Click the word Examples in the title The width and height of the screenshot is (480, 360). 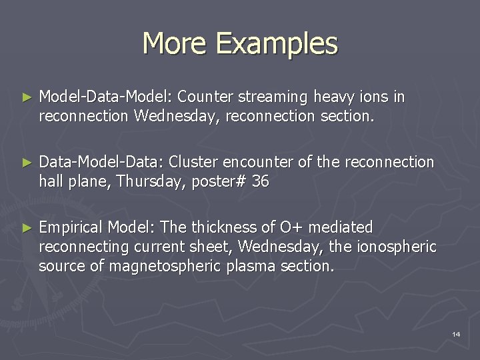click(x=277, y=44)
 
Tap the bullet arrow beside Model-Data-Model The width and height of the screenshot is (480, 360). click(x=27, y=97)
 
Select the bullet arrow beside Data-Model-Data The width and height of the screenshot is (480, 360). click(x=27, y=162)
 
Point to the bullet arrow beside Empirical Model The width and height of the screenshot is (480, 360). click(x=27, y=227)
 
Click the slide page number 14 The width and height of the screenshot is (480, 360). click(x=456, y=333)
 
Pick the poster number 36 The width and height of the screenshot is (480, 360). click(x=260, y=181)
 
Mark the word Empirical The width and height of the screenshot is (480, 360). click(x=71, y=227)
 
